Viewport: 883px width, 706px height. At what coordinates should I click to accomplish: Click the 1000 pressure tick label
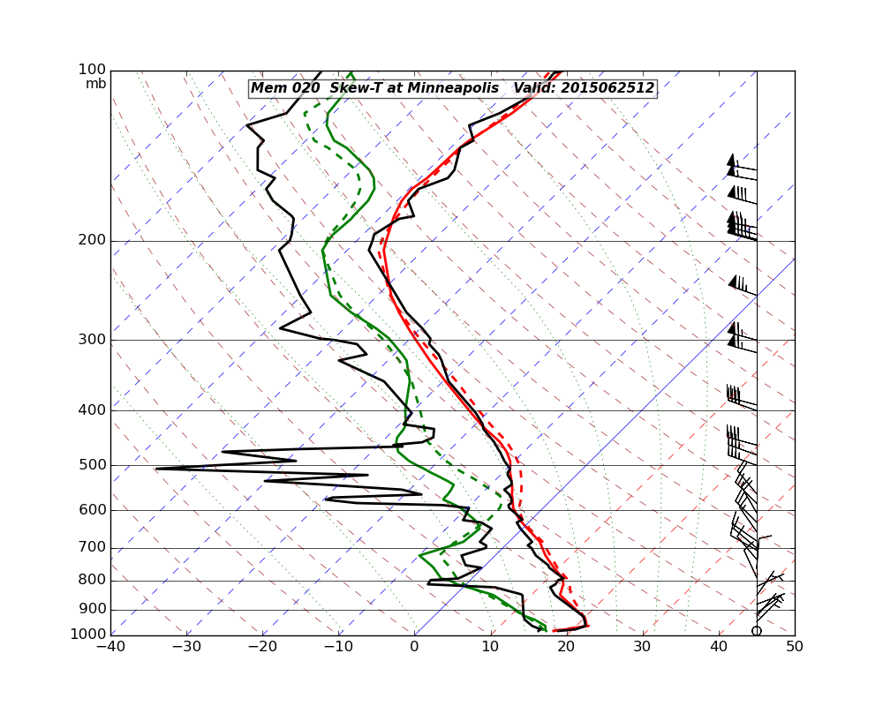pyautogui.click(x=89, y=635)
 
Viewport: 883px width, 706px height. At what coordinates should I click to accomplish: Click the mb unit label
pyautogui.click(x=95, y=84)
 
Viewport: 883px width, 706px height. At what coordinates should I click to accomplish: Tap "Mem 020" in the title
pyautogui.click(x=279, y=88)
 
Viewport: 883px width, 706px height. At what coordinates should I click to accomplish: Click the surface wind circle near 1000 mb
pyautogui.click(x=757, y=630)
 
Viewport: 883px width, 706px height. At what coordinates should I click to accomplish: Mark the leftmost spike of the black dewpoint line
pyautogui.click(x=156, y=469)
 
